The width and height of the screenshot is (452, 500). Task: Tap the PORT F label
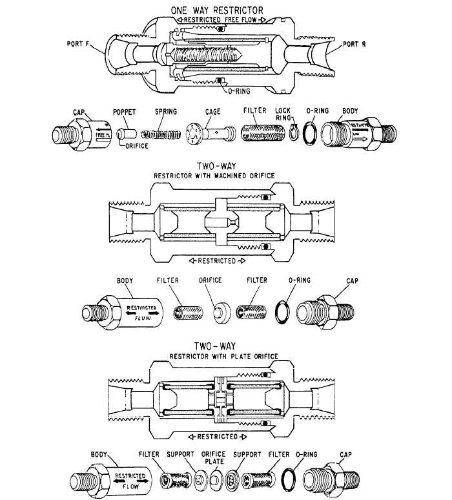pyautogui.click(x=81, y=45)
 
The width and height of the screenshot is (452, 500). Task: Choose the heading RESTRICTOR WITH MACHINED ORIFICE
pyautogui.click(x=214, y=176)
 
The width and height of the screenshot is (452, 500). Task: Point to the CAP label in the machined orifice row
pyautogui.click(x=353, y=281)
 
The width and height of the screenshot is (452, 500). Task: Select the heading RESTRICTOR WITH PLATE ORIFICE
pyautogui.click(x=223, y=356)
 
